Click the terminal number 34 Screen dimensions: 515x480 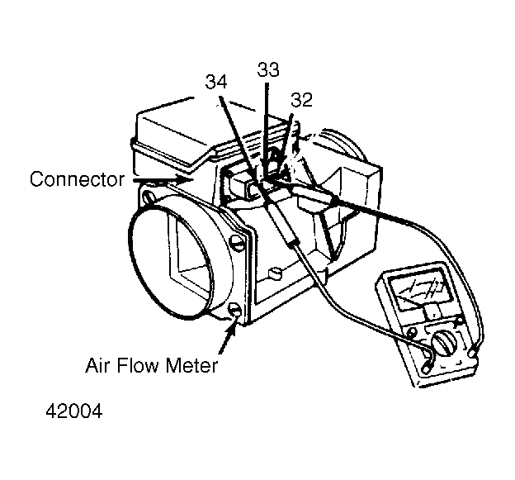pos(215,82)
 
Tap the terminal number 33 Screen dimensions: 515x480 pos(268,69)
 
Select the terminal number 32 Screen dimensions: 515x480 pos(301,100)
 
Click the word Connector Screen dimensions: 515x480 pos(78,179)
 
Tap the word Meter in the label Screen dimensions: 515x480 pos(191,365)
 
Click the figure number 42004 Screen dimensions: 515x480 pos(74,411)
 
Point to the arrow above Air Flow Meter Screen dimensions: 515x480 pos(227,337)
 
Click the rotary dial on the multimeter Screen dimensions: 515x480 pos(444,343)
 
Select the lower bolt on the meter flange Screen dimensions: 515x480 pos(234,310)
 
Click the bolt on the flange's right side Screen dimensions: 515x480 pos(238,244)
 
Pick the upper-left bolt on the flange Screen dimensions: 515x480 pos(149,197)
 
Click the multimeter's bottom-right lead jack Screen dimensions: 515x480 pos(472,354)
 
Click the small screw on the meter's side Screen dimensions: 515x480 pos(275,273)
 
